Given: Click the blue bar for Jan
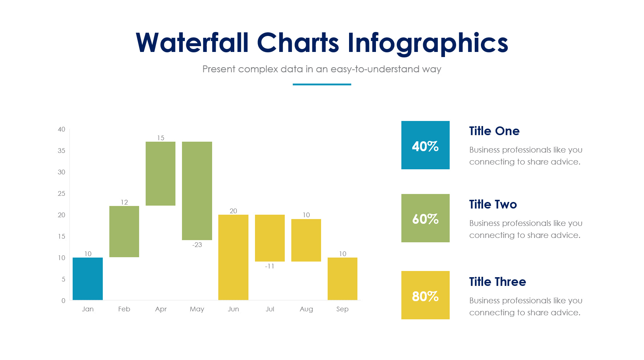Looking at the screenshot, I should click(x=88, y=279).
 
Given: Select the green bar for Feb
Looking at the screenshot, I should click(x=124, y=231).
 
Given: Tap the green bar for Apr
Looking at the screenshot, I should click(x=161, y=173).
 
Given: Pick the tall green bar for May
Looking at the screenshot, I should click(x=197, y=190).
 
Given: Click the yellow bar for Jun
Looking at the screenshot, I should click(x=233, y=257).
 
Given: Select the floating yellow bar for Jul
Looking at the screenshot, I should click(x=270, y=238).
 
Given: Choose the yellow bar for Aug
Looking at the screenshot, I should click(x=306, y=240).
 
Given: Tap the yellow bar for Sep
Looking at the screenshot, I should click(x=342, y=279).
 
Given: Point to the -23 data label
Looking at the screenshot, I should click(x=197, y=245).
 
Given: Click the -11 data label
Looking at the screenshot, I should click(x=270, y=266).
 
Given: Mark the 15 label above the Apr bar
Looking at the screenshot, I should click(x=161, y=138).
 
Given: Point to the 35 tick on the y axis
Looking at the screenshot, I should click(x=61, y=151).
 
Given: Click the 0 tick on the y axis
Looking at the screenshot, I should click(x=63, y=301).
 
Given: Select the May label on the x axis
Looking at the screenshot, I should click(x=197, y=309).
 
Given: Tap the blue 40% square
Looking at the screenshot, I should click(x=425, y=145).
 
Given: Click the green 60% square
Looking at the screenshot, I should click(x=425, y=218).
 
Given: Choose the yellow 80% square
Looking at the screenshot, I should click(x=425, y=295).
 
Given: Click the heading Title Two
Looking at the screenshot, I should click(x=493, y=205).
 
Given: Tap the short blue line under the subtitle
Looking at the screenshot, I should click(x=322, y=84).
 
